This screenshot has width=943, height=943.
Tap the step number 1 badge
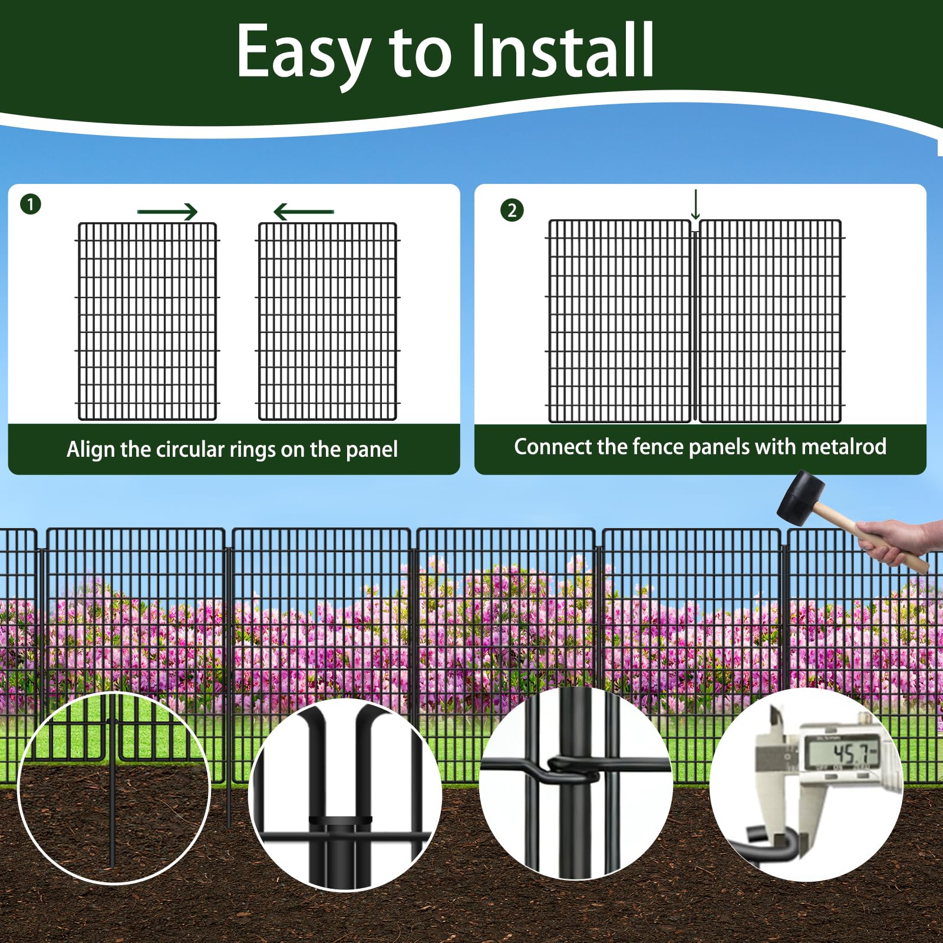point(31,205)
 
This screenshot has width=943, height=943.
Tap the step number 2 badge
point(512,210)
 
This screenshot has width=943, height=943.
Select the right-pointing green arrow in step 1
point(167,212)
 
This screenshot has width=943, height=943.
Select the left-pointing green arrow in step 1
point(304,212)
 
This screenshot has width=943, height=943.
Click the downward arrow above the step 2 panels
point(695,205)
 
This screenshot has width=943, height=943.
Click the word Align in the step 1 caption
point(91,450)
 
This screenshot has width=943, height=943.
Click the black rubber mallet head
point(802,498)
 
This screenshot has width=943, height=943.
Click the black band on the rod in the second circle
point(341,820)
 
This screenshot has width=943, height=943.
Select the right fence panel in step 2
point(770,321)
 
